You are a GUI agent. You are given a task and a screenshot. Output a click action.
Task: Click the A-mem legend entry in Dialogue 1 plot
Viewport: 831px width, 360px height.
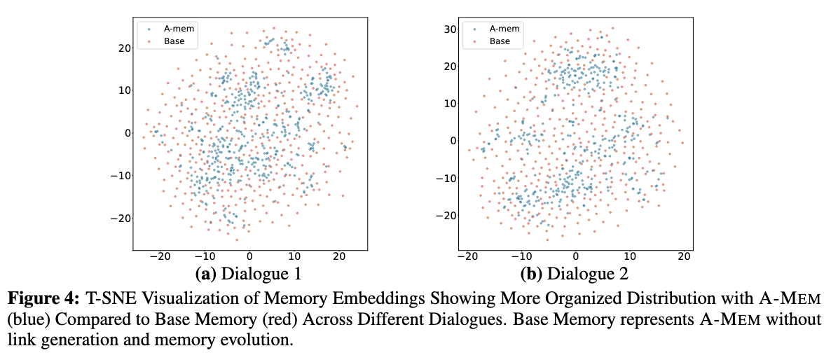(174, 29)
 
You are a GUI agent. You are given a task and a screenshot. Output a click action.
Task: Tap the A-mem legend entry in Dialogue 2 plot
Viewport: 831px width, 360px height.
(500, 29)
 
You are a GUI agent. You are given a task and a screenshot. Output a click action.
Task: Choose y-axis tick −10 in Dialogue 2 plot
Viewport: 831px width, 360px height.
(443, 178)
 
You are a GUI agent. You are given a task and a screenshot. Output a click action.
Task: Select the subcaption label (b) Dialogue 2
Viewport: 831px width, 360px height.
(575, 273)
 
